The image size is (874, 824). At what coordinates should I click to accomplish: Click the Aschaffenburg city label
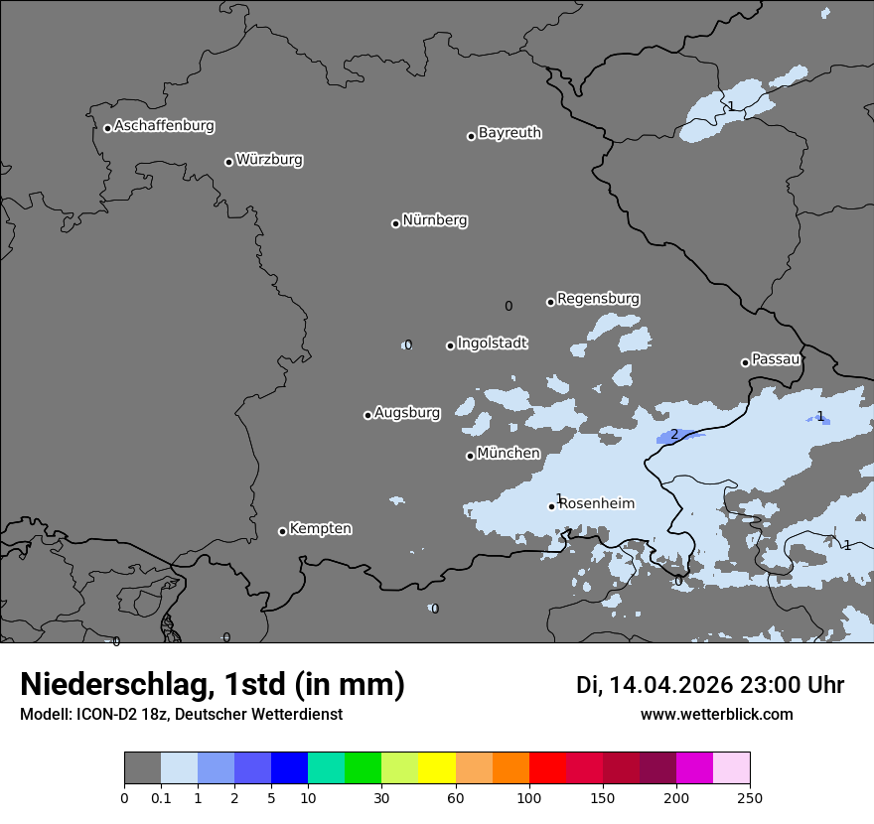coord(164,126)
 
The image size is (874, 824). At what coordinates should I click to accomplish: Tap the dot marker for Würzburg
coord(228,162)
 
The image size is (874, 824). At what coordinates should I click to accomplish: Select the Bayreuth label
coord(510,133)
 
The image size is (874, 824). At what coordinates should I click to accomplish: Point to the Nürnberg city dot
coord(395,223)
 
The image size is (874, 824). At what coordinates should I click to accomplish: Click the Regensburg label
coord(598,299)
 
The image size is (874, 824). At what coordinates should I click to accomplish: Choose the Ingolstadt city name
coord(492,343)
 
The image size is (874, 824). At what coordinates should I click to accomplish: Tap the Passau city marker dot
coord(745,362)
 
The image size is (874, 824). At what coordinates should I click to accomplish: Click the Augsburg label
coord(407,413)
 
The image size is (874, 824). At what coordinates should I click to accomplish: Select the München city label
coord(509,454)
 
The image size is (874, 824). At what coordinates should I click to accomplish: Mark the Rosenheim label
coord(596,504)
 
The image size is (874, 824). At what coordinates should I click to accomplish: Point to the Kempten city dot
coord(282,531)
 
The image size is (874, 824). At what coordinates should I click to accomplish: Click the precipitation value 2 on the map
coord(674,434)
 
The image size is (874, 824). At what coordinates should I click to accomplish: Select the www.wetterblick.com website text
coord(716,715)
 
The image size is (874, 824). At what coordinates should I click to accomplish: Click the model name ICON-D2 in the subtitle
coord(103,715)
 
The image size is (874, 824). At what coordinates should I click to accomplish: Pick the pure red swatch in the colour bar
coord(547,768)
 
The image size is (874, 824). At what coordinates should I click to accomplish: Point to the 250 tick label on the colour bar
coord(750,798)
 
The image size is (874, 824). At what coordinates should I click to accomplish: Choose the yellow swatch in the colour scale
coord(437,768)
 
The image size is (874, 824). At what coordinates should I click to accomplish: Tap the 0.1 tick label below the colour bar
coord(161,798)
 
